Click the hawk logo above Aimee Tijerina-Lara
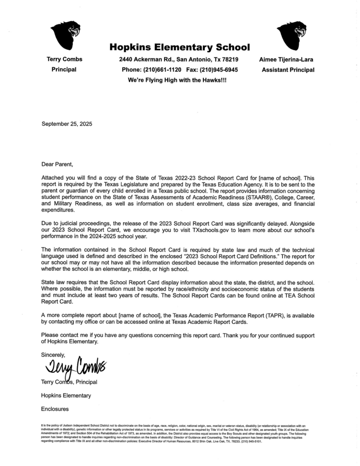click(x=292, y=35)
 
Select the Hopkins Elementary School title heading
click(x=179, y=47)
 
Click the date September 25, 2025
click(x=66, y=124)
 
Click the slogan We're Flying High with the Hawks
click(x=177, y=80)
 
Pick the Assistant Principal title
click(x=288, y=70)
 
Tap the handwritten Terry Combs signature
click(x=75, y=365)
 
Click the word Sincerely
click(x=54, y=354)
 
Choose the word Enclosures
click(x=55, y=409)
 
